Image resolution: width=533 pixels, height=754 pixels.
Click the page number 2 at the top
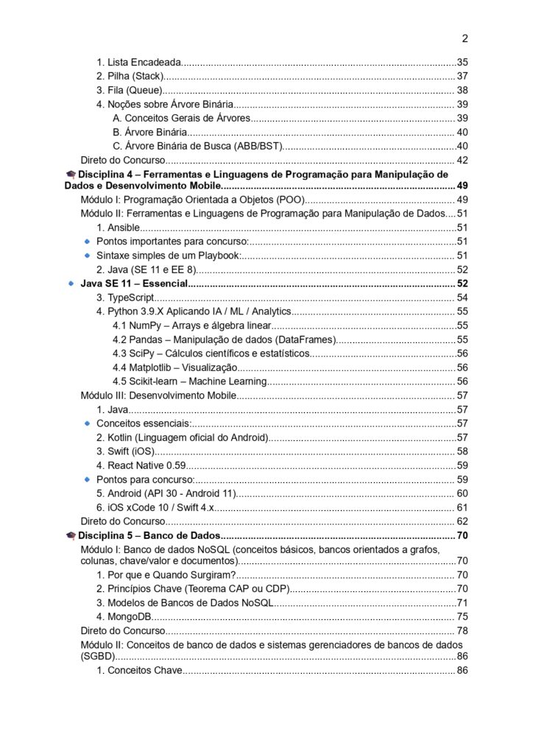click(x=465, y=39)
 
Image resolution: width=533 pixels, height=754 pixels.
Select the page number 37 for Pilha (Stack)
click(x=463, y=77)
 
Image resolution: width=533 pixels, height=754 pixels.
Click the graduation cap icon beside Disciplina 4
click(x=71, y=175)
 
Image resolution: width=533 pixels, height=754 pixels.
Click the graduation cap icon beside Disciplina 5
click(x=71, y=535)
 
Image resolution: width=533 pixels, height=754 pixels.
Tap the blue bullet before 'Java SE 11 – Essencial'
click(x=71, y=283)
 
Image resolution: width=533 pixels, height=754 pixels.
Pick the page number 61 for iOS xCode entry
click(x=463, y=507)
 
